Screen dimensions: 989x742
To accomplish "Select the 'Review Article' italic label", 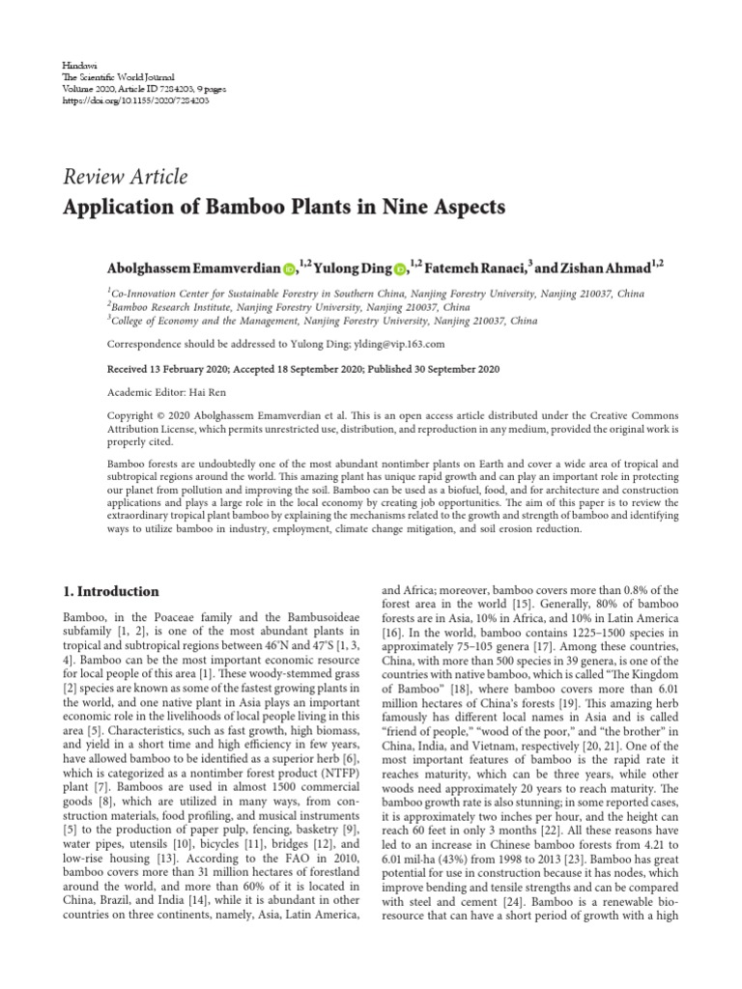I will click(x=126, y=177).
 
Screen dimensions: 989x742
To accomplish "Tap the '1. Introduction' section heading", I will click(x=111, y=591).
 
